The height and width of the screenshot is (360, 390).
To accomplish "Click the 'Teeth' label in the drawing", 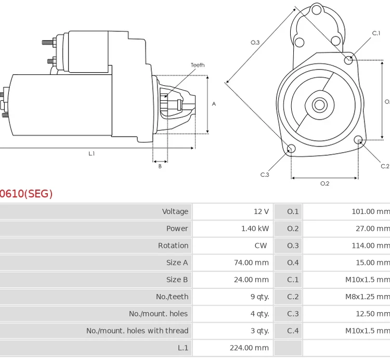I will [197, 65].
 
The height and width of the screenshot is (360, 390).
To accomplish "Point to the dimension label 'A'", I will [214, 104].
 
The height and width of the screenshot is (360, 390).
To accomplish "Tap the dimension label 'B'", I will [160, 166].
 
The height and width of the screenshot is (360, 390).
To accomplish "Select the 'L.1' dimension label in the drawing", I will [92, 153].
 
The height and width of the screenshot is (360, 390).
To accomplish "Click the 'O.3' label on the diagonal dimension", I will [255, 43].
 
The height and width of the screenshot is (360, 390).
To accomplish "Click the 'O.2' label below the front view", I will [324, 183].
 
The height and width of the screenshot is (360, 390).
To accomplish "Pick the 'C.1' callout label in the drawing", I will [376, 33].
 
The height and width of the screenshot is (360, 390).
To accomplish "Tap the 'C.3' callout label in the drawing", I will [265, 175].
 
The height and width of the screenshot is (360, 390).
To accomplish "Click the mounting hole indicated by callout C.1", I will [349, 60].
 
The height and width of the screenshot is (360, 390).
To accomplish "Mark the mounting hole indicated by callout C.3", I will [291, 150].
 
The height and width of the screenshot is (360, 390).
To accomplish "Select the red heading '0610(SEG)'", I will [26, 194].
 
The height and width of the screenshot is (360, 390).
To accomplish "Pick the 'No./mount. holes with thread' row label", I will [137, 331].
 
